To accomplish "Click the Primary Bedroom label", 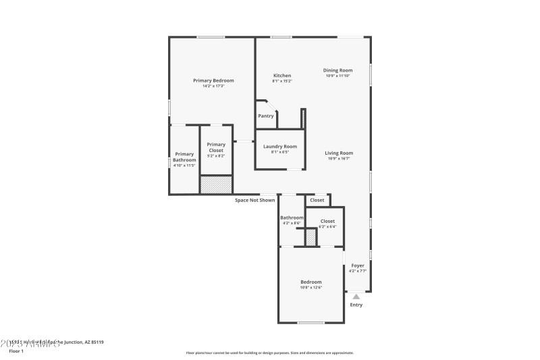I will tap(213, 80).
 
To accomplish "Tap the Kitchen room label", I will tap(282, 75).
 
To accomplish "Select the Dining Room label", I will tap(337, 70).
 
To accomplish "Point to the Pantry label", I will tap(266, 115).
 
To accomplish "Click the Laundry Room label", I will tap(279, 147).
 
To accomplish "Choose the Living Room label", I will tap(339, 153).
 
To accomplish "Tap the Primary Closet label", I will tap(216, 144).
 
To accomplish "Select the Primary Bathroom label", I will tap(184, 157).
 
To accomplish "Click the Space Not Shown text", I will tap(254, 200).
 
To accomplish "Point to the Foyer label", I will tap(358, 265).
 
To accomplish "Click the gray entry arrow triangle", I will tap(356, 295).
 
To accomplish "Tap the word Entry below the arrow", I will tap(356, 305).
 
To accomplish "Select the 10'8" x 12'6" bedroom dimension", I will tap(311, 287).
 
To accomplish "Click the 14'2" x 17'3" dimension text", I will tap(213, 86).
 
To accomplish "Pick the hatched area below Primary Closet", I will tap(216, 184).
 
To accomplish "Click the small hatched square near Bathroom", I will tap(311, 238).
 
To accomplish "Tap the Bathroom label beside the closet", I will tap(292, 217).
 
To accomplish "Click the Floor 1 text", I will tap(16, 351).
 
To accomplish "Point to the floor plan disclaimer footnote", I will tap(269, 353).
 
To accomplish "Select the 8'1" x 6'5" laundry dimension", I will tap(279, 152).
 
